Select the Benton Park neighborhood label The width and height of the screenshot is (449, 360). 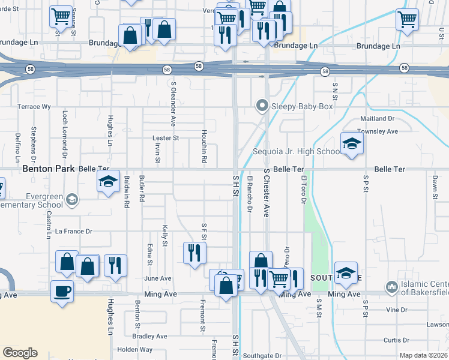tap(49, 169)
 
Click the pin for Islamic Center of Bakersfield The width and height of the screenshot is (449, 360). tap(392, 287)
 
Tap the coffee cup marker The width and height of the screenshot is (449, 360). tap(62, 292)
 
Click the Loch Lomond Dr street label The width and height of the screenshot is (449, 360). tap(64, 131)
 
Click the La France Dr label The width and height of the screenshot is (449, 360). tap(73, 231)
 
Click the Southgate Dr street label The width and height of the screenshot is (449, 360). tap(262, 355)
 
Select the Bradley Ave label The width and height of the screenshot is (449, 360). tap(150, 336)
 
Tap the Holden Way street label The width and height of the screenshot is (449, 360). tap(135, 349)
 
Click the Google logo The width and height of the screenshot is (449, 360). tap(20, 353)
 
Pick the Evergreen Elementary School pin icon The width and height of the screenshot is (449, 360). tap(71, 199)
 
